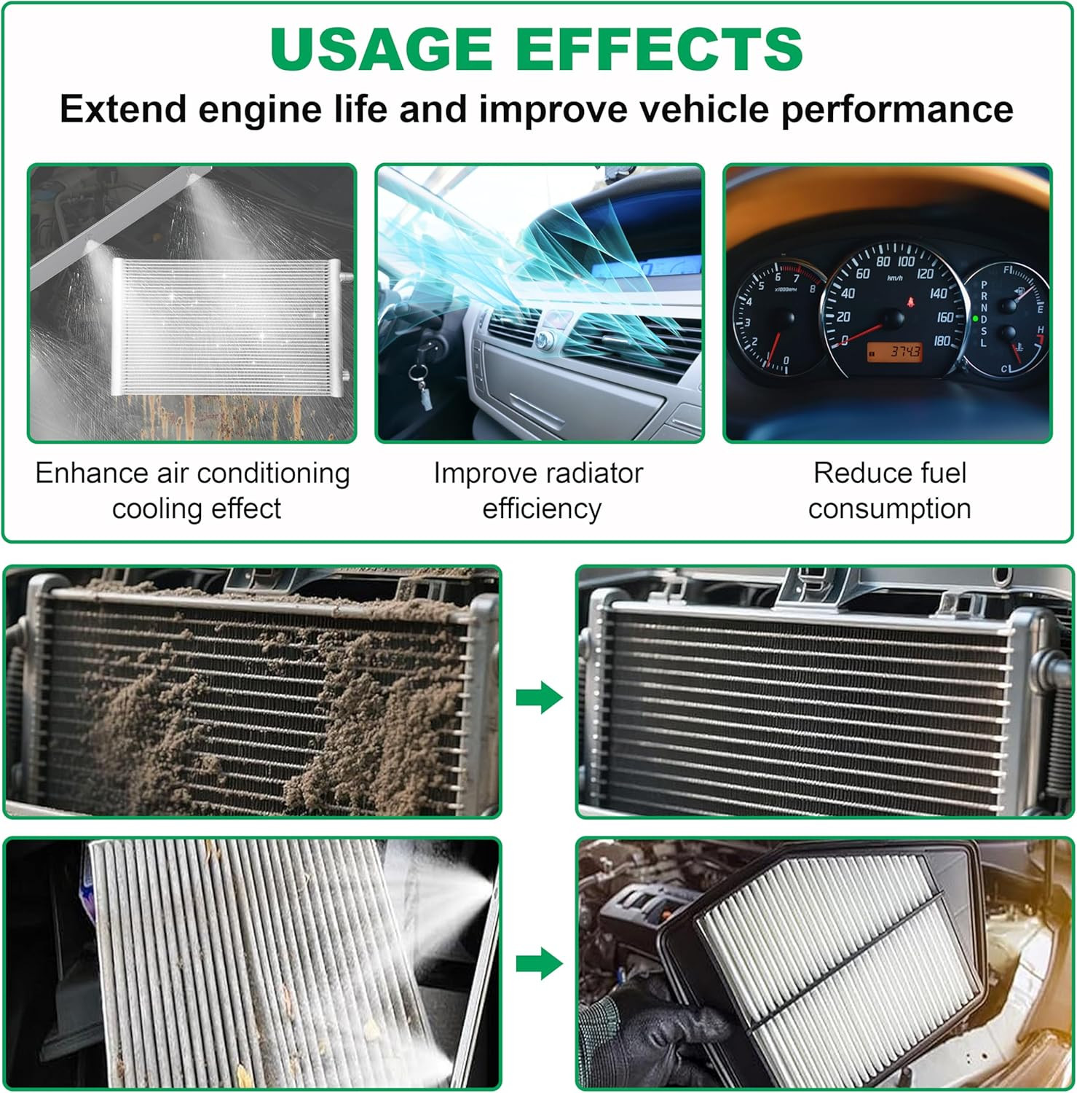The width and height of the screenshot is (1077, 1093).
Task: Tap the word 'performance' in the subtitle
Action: click(x=897, y=110)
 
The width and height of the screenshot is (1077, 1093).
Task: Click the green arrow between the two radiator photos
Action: click(x=540, y=697)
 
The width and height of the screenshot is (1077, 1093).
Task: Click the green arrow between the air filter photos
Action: click(x=540, y=964)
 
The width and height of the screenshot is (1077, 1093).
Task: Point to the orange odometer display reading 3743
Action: click(x=895, y=352)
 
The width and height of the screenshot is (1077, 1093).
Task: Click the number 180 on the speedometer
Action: click(x=942, y=340)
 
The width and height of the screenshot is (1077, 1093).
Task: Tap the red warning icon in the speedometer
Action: click(x=910, y=301)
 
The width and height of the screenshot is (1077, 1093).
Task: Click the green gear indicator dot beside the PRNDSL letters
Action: click(x=975, y=318)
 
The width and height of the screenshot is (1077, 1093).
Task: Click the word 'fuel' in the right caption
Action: click(x=944, y=473)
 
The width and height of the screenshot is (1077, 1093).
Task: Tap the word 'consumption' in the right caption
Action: click(x=890, y=509)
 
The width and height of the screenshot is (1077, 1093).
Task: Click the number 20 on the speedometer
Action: click(x=843, y=317)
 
